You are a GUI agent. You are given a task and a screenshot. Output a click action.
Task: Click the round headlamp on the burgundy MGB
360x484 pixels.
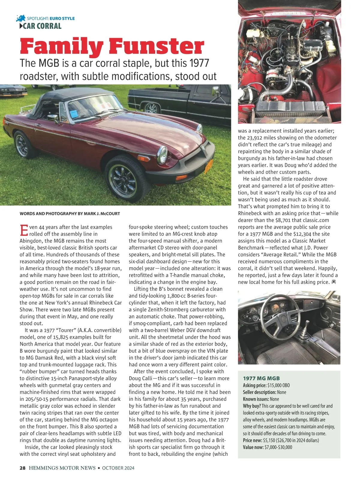click(x=163, y=154)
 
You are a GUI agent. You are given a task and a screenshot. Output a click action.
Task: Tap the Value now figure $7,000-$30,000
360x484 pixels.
click(x=277, y=447)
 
